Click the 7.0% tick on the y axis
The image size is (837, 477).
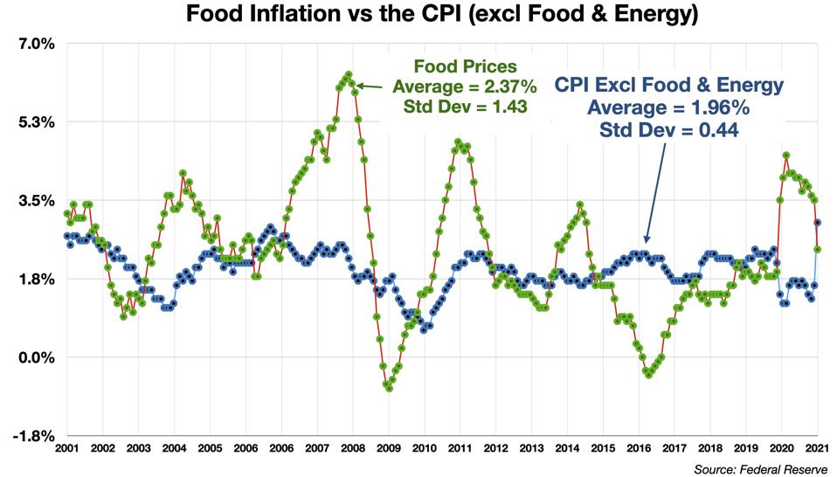coord(36,44)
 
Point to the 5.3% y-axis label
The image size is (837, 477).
coord(36,122)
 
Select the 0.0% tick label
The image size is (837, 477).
coord(36,357)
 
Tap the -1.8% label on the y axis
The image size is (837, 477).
coord(34,436)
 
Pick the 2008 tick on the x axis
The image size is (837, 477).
coord(353,449)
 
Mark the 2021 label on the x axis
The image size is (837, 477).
coord(817,449)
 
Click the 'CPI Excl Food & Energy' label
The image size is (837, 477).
coord(669,86)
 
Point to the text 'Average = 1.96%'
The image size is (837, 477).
coord(669,108)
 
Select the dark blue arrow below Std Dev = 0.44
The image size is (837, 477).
coord(655,192)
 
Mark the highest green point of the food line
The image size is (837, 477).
coord(349,75)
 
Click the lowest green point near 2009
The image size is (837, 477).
coord(389,387)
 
